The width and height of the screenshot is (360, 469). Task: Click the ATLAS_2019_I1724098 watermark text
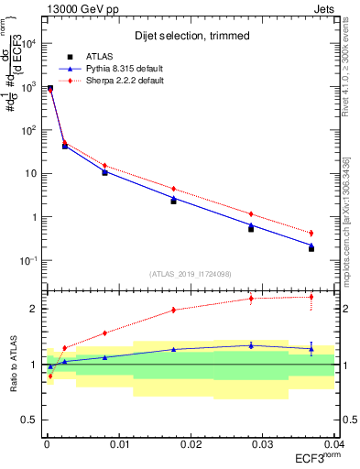(190, 273)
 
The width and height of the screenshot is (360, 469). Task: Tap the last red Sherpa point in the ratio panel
(311, 297)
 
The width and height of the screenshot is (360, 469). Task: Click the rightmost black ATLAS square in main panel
(311, 248)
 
